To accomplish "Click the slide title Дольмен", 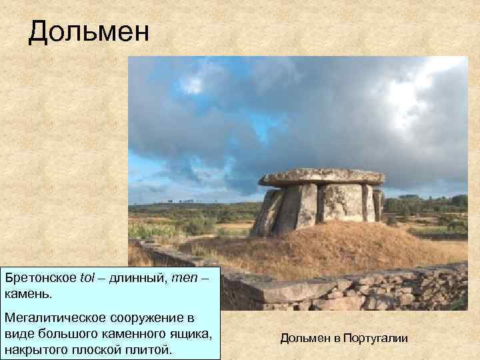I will coord(89,32).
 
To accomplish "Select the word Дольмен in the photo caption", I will coord(303,339).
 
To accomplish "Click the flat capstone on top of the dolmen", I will coord(322,177).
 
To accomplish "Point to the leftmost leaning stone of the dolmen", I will coord(268,213).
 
